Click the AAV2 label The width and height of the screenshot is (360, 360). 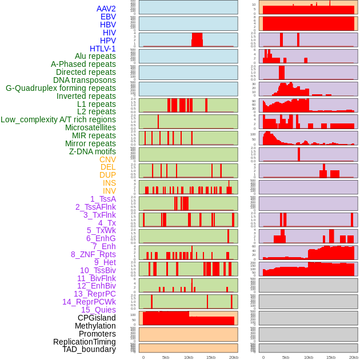pos(106,9)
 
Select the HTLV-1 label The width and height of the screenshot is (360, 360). pos(103,49)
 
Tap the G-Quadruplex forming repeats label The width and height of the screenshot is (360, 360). pos(61,88)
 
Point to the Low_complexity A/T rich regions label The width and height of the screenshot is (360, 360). pos(58,119)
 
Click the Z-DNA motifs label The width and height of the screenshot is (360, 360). pos(93,151)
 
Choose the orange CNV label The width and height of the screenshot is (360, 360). pos(107,159)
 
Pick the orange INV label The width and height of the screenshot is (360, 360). pos(109,191)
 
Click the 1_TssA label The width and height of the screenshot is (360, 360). pos(103,199)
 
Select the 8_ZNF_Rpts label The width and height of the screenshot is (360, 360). pos(93,254)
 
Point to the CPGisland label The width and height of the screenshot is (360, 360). pos(97,318)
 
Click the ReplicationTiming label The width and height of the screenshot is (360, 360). pos(85,342)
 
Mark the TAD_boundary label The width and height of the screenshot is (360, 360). pos(89,349)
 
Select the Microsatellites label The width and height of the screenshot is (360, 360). pos(90,127)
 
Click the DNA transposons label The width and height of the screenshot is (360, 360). pos(85,80)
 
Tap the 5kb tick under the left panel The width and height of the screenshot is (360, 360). pos(166,357)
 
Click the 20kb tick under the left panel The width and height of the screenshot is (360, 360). pos(234,357)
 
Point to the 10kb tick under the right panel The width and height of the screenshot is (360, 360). pos(309,357)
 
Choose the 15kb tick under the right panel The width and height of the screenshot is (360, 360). pos(331,357)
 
